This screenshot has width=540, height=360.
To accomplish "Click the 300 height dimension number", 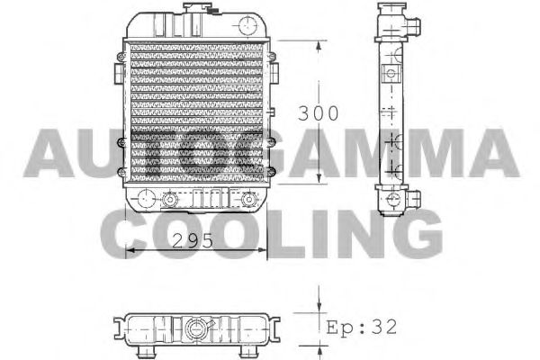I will (x=319, y=114).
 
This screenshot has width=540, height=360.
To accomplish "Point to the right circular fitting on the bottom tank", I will (x=247, y=199).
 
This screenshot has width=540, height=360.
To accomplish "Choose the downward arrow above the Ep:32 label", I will (x=319, y=301).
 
